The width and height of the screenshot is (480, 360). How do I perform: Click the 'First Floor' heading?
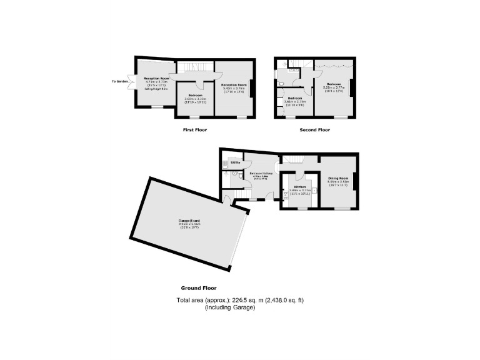(x=194, y=130)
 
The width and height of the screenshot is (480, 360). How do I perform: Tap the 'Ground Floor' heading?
(x=199, y=288)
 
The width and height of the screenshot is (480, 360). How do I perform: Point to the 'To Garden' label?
(x=120, y=81)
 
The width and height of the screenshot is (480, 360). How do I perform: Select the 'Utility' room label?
(x=236, y=162)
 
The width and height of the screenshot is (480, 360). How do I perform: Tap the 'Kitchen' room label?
(x=300, y=187)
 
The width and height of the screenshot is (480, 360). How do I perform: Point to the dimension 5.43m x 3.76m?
(x=234, y=88)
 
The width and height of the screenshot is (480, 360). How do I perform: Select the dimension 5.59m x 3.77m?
(x=332, y=87)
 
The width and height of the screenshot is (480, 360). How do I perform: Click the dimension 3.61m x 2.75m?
(x=294, y=102)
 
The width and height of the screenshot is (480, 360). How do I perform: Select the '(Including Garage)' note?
(x=230, y=307)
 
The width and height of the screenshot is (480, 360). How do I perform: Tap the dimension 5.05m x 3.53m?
(x=338, y=182)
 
